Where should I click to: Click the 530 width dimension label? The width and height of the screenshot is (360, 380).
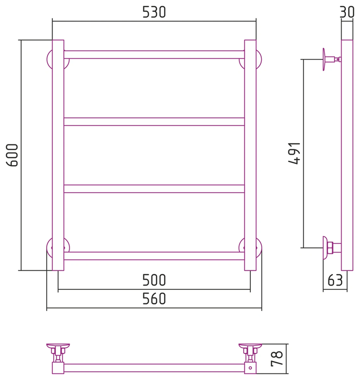154,12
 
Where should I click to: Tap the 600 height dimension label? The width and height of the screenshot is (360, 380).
12,155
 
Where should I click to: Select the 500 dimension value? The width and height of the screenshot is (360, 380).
154,280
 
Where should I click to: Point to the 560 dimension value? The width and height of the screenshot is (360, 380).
154,299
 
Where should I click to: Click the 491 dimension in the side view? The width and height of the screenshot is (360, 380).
294,154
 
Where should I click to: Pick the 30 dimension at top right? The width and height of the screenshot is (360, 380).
347,12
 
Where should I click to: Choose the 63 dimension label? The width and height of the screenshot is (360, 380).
335,280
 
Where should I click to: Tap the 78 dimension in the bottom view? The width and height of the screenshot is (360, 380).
276,358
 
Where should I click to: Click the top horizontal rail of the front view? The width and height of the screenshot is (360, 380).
154,55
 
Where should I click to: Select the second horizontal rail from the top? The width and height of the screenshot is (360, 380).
154,122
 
